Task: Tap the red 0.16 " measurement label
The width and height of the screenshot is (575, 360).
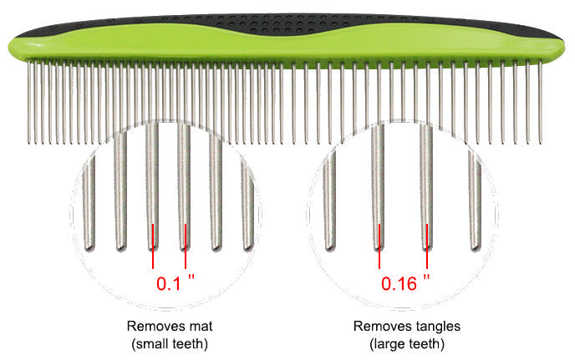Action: (x=405, y=282)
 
